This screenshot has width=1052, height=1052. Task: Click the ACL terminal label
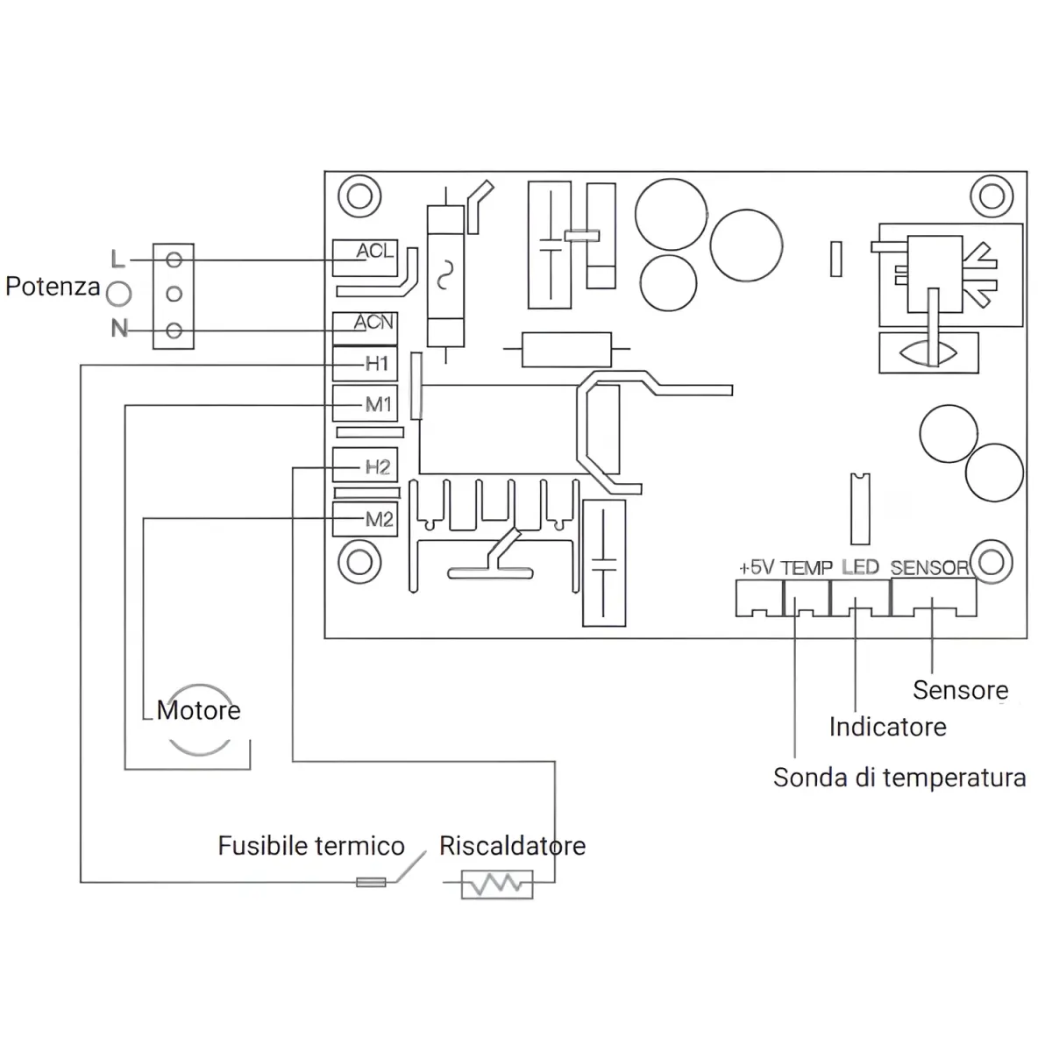pyautogui.click(x=374, y=251)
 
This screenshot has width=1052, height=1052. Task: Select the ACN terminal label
pyautogui.click(x=373, y=322)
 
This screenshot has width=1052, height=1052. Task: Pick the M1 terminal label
pyautogui.click(x=379, y=404)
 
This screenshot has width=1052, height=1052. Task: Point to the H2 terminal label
pyautogui.click(x=377, y=466)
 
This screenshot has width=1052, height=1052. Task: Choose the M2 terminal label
pyautogui.click(x=379, y=519)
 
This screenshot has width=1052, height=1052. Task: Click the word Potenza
pyautogui.click(x=53, y=287)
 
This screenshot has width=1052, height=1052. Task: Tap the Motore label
pyautogui.click(x=198, y=710)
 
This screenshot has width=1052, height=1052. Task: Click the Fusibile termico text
pyautogui.click(x=311, y=846)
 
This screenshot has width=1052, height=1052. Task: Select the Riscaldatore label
pyautogui.click(x=513, y=846)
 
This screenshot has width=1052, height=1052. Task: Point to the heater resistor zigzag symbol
pyautogui.click(x=497, y=884)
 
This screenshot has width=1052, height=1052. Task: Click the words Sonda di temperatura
pyautogui.click(x=899, y=778)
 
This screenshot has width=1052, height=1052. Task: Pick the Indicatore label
pyautogui.click(x=888, y=727)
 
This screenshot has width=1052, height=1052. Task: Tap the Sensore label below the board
pyautogui.click(x=960, y=690)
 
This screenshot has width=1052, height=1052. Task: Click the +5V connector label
pyautogui.click(x=757, y=568)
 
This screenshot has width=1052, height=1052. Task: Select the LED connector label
pyautogui.click(x=860, y=567)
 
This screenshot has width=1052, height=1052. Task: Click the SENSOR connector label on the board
pyautogui.click(x=929, y=568)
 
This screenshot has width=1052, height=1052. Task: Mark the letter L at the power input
pyautogui.click(x=117, y=259)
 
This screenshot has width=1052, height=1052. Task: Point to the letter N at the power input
pyautogui.click(x=119, y=328)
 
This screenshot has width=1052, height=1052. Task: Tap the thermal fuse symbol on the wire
pyautogui.click(x=371, y=882)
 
